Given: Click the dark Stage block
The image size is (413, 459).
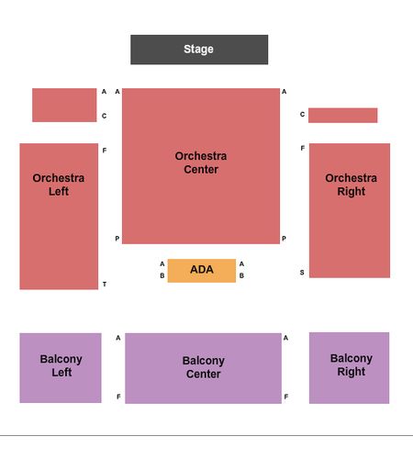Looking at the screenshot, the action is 199,50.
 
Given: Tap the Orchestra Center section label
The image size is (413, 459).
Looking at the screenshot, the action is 201,162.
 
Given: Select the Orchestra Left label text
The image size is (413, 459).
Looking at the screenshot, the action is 59,185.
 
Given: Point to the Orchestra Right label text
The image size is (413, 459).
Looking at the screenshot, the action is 351,185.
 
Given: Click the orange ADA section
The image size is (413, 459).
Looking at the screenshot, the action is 202,271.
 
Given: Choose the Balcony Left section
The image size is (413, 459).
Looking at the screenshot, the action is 61,368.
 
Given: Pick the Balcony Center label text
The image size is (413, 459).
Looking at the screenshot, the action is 204,367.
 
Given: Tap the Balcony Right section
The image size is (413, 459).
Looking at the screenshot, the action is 349,368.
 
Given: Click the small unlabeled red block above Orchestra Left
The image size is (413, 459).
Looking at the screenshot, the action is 64,105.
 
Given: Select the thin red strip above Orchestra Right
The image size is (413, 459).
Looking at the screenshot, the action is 342,116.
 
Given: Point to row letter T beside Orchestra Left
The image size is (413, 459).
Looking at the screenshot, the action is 105,285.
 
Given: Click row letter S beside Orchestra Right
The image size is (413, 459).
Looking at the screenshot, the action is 302,273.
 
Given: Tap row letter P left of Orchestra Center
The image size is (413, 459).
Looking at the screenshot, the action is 117,239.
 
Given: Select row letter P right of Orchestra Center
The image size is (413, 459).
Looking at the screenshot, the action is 284,239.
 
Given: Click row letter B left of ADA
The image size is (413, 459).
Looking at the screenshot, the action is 162,275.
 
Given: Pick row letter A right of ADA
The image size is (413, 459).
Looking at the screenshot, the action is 241,263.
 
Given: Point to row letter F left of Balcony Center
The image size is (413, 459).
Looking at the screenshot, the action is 118,397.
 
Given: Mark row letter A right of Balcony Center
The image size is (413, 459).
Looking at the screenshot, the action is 285,338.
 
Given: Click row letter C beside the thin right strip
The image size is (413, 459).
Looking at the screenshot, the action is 302,115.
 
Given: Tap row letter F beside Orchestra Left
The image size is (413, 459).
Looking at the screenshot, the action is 105,151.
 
